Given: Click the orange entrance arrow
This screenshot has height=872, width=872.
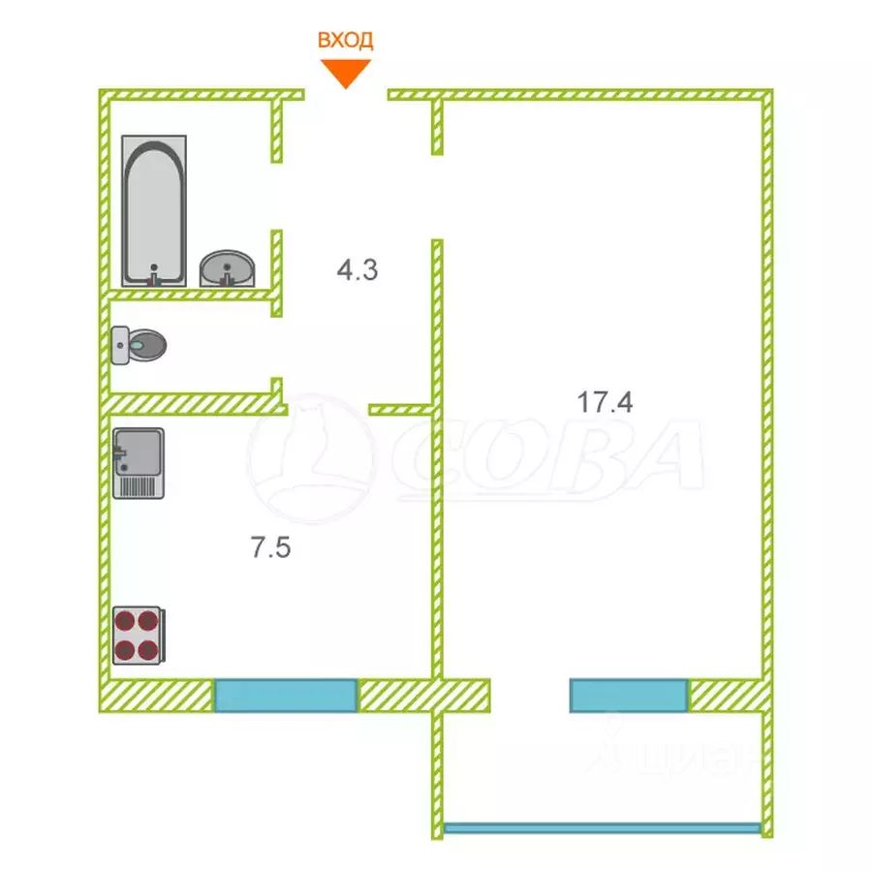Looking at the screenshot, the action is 346,73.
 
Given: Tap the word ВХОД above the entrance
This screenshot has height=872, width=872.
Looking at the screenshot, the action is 346,40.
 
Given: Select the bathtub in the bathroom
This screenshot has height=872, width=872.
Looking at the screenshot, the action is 154,211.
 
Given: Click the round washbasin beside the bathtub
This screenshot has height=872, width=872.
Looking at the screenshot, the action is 228,266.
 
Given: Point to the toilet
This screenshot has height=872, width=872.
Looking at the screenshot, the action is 140,344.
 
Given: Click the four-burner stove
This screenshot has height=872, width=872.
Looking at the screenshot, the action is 138,635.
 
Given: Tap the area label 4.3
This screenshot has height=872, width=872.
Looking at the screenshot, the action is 357,270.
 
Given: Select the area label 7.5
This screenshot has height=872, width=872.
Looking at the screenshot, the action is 271,548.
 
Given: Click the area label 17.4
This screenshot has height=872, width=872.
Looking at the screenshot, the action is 606,402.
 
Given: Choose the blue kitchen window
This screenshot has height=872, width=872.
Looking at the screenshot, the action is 286,696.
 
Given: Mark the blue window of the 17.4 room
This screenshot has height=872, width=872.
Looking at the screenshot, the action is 629,696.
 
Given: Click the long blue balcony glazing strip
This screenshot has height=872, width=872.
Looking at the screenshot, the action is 602,828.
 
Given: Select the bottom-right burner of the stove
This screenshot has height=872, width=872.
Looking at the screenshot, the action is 148,648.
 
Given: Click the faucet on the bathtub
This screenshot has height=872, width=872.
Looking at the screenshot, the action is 153,276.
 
